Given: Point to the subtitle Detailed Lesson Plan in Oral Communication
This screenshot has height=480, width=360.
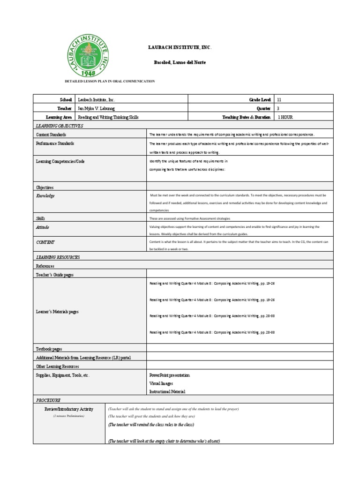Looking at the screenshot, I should pos(109,82).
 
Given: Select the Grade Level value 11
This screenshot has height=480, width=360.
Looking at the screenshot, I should pos(280,100).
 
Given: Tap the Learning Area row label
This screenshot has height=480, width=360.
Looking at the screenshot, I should pos(59,117).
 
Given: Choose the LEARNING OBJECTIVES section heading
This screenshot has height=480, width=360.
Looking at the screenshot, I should pos(60,126).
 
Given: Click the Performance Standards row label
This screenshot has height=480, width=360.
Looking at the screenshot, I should pos(55,143).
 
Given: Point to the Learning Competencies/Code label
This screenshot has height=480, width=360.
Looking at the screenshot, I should pos(60,161).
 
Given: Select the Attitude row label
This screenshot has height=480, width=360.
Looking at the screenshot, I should pos(43,227).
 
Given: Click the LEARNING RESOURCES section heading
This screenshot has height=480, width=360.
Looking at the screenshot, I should pos(58,257).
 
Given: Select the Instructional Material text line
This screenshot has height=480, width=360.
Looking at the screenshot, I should pos(167,391).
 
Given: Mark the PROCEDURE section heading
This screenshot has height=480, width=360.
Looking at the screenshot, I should pos(48,400).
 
